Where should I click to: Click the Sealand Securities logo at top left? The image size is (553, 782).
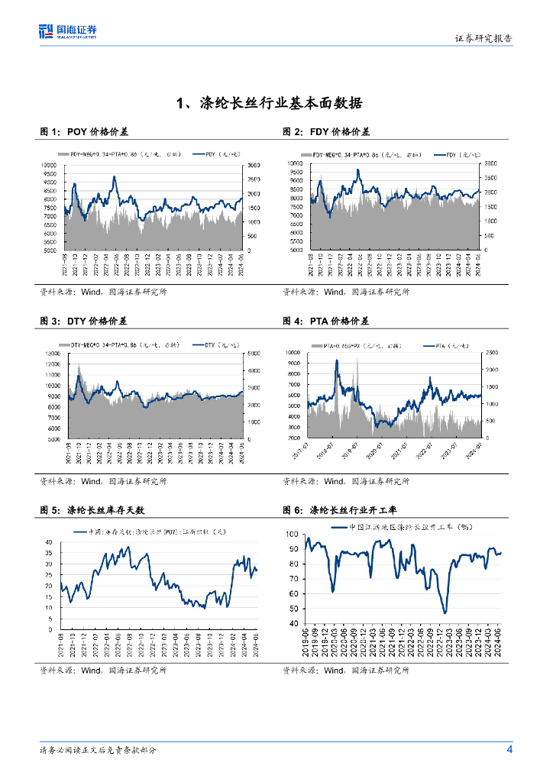click(68, 31)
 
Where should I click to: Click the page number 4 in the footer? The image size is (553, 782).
click(509, 748)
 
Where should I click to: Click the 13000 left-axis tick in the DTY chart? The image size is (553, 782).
click(51, 354)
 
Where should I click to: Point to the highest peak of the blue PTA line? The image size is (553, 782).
click(337, 360)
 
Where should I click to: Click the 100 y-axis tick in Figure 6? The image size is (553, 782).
click(293, 534)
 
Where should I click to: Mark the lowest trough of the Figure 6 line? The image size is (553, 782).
click(445, 612)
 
